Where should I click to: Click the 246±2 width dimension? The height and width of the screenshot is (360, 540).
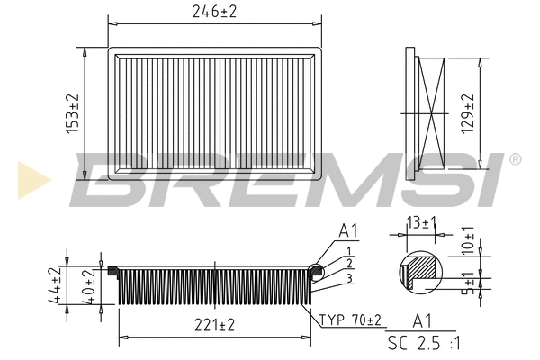pyautogui.click(x=214, y=12)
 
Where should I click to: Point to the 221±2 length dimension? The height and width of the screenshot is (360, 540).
pyautogui.click(x=214, y=326)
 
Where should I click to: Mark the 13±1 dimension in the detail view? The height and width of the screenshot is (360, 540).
pyautogui.click(x=420, y=222)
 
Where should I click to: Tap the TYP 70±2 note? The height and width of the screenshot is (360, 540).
pyautogui.click(x=352, y=319)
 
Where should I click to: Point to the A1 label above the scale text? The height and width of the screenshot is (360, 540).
pyautogui.click(x=420, y=319)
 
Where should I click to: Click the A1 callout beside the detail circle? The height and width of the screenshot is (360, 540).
pyautogui.click(x=347, y=231)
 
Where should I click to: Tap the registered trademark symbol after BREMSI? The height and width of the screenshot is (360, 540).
pyautogui.click(x=515, y=158)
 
